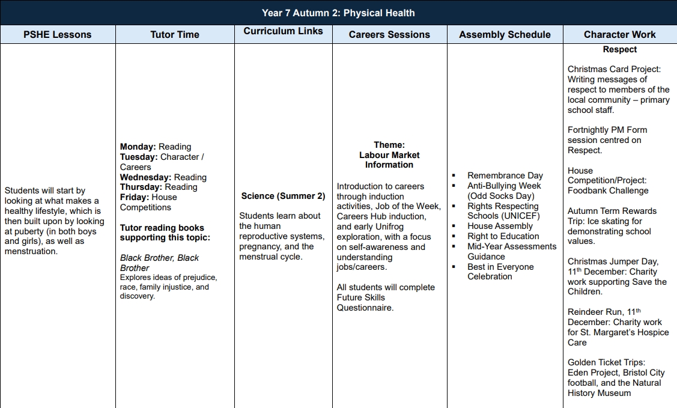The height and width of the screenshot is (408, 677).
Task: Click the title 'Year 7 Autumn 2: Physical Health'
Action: point(338,13)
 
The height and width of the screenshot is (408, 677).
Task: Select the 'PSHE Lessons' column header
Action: point(58,35)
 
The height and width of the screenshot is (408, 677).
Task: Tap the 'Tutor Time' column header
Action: point(175,35)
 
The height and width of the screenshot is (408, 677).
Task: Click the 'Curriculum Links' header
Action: point(283,31)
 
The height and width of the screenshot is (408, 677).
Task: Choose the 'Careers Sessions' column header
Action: point(389,35)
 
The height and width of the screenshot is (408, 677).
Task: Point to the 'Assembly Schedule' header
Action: point(505,35)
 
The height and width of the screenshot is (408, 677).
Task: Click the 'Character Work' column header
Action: point(620,35)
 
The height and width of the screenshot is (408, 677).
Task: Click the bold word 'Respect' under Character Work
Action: point(620,50)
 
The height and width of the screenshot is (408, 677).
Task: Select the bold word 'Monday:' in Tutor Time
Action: point(138,147)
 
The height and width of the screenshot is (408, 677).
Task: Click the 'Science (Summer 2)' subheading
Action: point(283,196)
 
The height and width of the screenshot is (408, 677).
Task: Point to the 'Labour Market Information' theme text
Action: point(389,160)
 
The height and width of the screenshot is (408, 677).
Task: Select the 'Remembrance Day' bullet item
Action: point(505,175)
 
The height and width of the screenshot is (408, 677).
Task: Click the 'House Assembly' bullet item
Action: point(500,226)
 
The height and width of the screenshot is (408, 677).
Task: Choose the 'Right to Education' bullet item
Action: point(503,236)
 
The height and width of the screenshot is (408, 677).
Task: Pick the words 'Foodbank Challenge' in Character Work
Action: point(608,190)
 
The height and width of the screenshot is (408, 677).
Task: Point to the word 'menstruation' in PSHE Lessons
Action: point(31,251)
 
